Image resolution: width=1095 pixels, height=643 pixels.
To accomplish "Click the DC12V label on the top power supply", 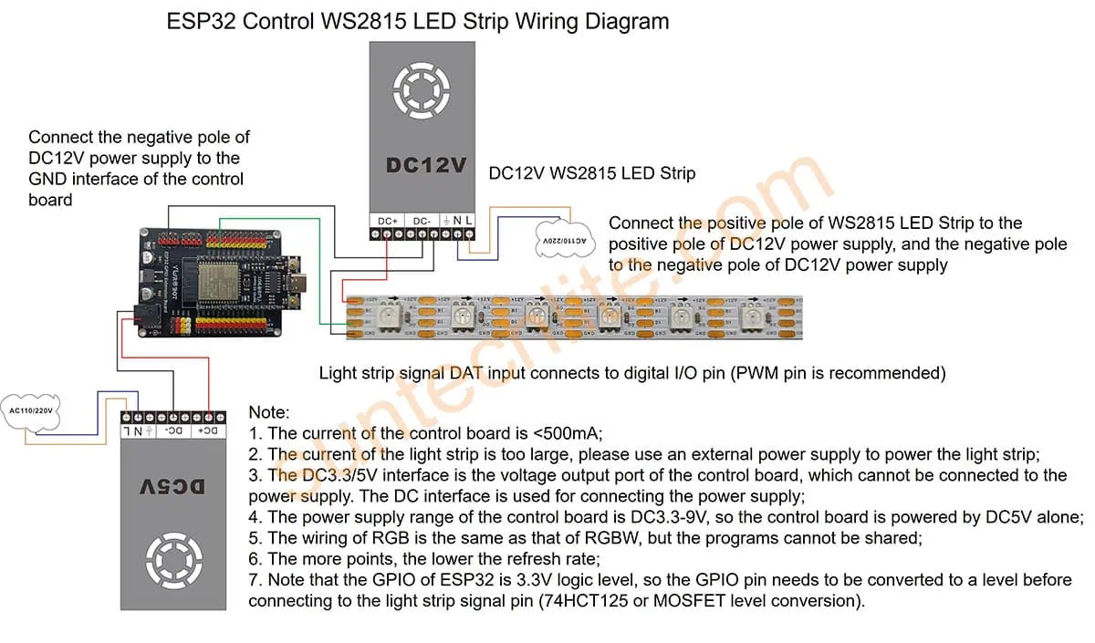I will pos(426,166).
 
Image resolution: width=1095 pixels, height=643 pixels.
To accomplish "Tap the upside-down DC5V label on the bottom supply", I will pos(172,487).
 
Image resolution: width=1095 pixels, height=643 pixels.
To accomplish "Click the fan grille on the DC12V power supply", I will pos(421,89).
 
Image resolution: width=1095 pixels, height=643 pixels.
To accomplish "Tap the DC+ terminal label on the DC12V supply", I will pos(387,221).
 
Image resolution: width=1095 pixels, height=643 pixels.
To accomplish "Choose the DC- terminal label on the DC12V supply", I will pos(422,221).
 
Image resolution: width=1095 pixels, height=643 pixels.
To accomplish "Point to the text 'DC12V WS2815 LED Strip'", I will pos(591,173).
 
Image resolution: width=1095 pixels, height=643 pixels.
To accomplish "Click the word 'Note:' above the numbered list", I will pos(268,413).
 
